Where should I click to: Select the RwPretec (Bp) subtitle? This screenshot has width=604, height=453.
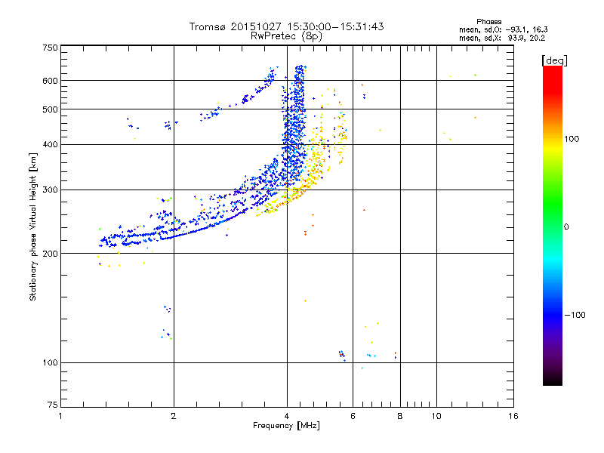coord(287,35)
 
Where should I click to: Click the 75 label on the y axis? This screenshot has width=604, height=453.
coord(53,407)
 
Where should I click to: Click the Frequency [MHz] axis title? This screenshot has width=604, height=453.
coord(286,427)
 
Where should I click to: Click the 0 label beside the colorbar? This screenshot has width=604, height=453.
coord(566,226)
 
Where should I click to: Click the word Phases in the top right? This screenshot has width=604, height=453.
coord(490,21)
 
